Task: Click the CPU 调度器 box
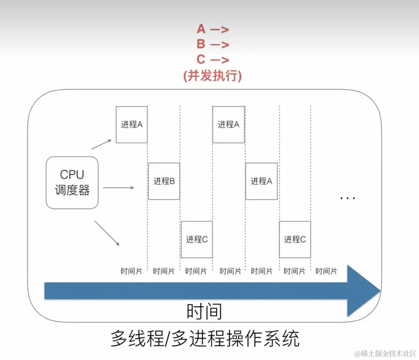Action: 72,183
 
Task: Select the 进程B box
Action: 164,181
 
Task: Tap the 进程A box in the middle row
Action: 261,181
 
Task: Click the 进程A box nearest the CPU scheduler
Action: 132,125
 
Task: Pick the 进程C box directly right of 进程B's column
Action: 197,239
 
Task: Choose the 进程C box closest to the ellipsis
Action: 295,239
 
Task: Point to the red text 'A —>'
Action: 213,29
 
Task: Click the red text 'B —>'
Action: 213,44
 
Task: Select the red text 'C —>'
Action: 213,59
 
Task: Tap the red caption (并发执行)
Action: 213,76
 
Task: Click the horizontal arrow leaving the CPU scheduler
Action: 118,188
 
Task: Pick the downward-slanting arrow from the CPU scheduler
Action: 107,233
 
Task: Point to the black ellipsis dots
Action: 347,198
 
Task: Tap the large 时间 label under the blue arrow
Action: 204,311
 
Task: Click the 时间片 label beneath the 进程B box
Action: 164,271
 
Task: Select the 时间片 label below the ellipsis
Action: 326,271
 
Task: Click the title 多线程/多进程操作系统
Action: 205,338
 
